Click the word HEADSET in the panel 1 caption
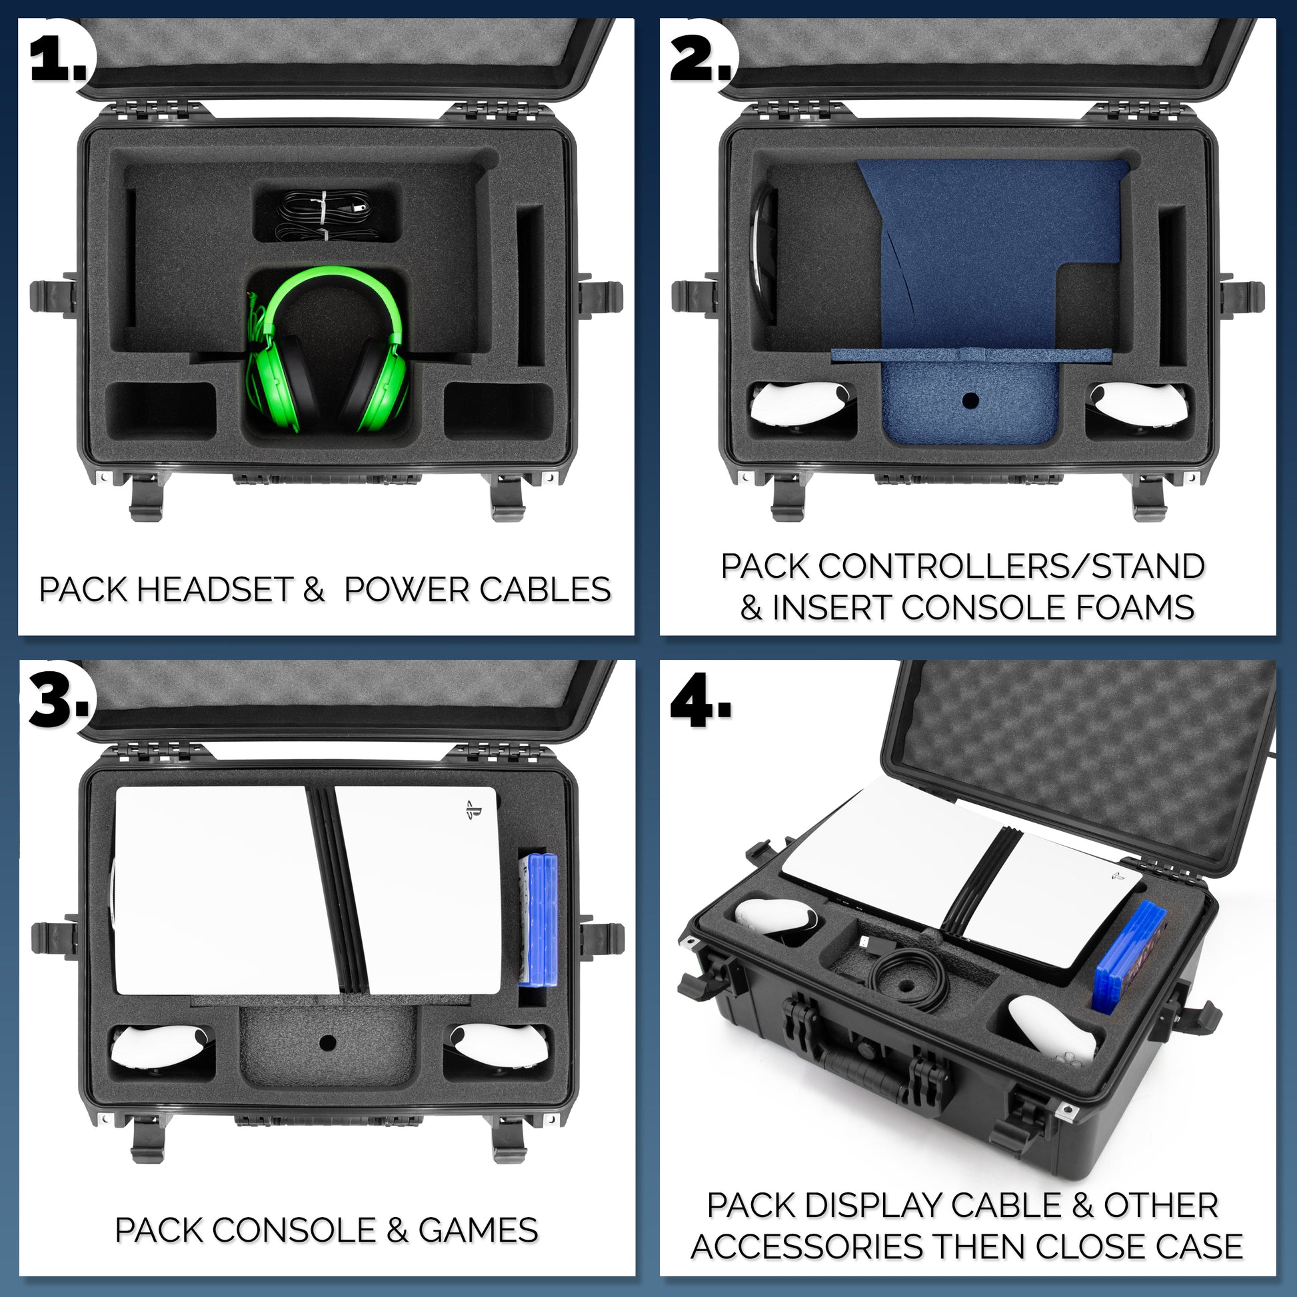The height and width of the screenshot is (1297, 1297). (214, 589)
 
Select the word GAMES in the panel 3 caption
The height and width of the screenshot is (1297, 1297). (478, 1228)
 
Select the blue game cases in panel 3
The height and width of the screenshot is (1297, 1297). (539, 919)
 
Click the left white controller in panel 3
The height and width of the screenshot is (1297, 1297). (161, 1048)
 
